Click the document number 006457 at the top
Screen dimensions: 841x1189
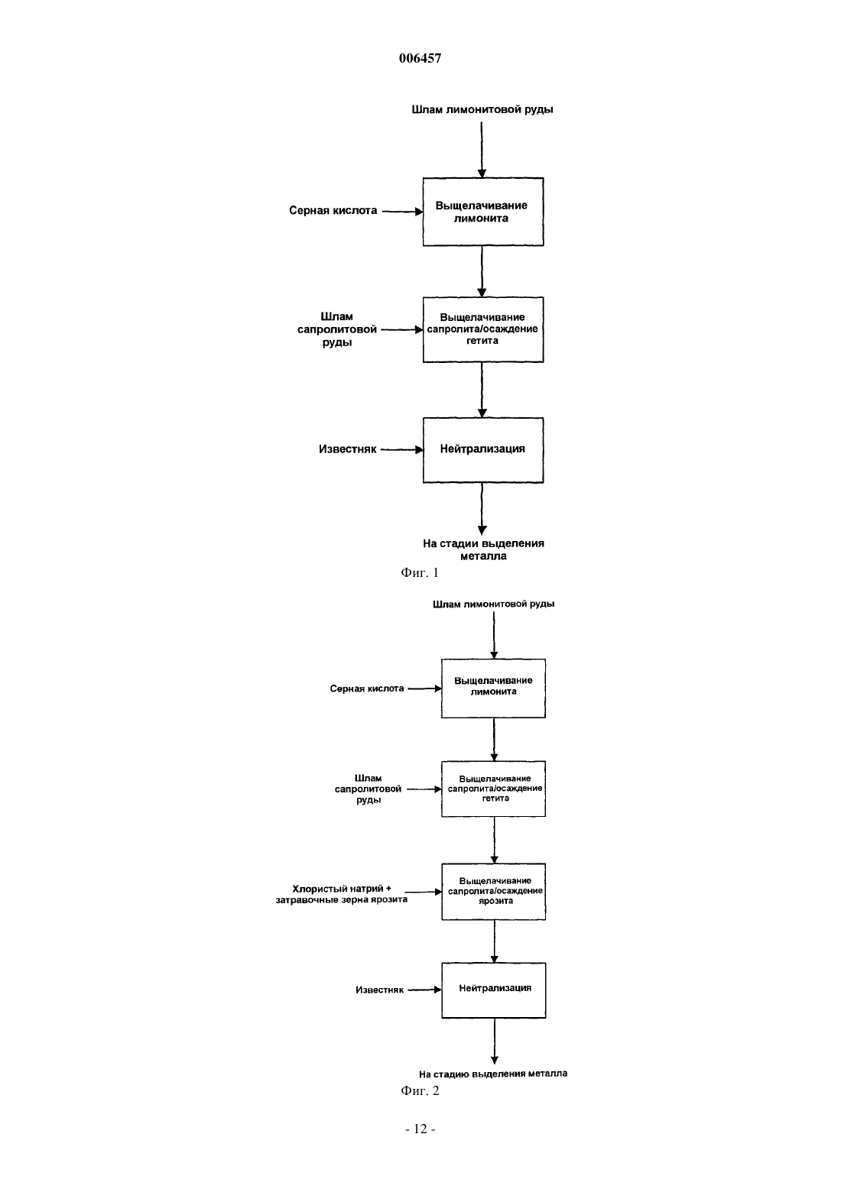point(420,58)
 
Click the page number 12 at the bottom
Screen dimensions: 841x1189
point(420,1129)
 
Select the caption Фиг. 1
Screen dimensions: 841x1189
point(420,572)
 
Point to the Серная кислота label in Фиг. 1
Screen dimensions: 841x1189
point(333,211)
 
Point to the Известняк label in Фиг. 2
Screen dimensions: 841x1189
point(380,990)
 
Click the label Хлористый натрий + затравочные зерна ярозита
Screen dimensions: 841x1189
point(342,894)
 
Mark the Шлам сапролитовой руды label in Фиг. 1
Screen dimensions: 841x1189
point(337,329)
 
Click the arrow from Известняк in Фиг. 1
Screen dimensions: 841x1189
point(402,450)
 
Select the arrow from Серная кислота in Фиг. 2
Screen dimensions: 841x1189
point(424,688)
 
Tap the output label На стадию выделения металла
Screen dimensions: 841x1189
point(493,1074)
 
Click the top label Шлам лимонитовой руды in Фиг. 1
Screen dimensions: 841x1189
point(482,110)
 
